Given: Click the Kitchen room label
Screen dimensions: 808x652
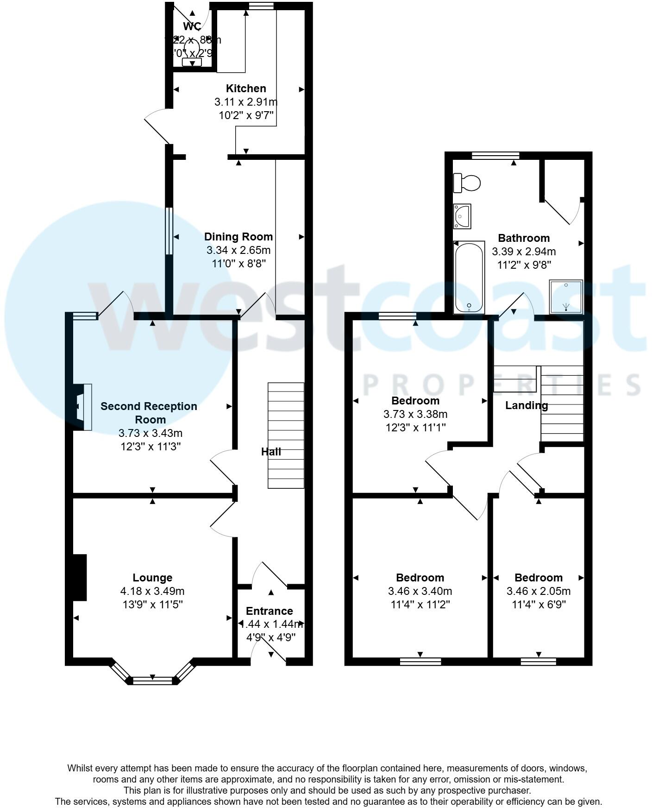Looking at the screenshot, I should point(246,88).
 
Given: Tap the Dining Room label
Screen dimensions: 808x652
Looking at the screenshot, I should point(238,237).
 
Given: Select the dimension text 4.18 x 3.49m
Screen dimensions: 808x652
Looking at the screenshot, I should point(152,591).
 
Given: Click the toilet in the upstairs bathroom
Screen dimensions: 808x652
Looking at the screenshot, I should point(467,183).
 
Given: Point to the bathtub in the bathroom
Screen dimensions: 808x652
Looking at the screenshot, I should point(469,278).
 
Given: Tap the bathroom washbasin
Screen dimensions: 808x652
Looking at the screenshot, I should point(462,216).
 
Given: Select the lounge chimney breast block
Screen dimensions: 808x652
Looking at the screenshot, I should point(80,577).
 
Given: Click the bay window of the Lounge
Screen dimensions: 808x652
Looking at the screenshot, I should point(152,680).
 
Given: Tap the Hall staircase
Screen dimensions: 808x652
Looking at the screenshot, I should point(286,435).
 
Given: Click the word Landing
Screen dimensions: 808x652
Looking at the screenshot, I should point(527,405).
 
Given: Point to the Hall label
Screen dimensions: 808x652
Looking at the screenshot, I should point(271,452).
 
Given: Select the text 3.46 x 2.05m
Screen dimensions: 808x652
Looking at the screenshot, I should point(538,591).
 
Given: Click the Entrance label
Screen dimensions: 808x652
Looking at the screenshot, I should point(269,611).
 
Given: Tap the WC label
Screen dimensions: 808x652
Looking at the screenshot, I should point(192,26).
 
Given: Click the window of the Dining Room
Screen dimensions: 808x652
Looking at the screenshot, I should point(169,231).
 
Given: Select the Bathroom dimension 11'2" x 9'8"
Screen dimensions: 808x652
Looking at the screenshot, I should point(523,265).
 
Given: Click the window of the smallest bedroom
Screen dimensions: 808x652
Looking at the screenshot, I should point(538,661).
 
